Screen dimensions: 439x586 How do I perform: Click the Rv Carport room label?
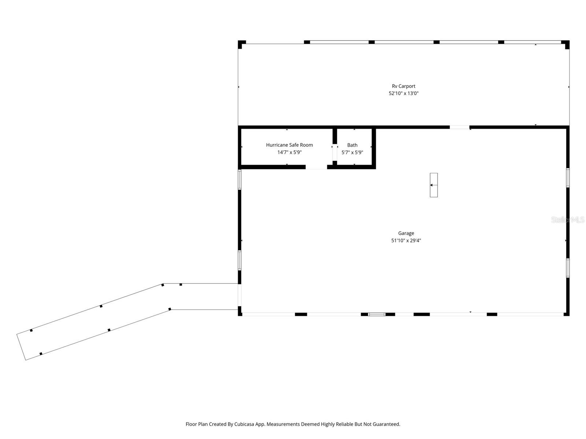point(403,86)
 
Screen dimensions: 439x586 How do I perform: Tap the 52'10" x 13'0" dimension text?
point(403,94)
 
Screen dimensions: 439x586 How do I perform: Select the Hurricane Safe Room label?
point(289,145)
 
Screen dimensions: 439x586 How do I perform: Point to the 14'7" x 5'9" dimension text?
point(289,153)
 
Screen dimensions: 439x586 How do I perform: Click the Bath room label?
point(352,145)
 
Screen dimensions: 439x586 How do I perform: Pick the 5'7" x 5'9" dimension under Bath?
point(352,153)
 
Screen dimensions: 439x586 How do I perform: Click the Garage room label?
point(406,233)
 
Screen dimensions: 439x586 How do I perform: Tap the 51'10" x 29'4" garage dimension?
point(406,241)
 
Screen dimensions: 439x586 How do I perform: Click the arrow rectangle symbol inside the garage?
point(434,185)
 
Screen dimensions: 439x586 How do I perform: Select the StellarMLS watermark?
point(567,220)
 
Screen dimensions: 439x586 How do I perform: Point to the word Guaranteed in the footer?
point(386,424)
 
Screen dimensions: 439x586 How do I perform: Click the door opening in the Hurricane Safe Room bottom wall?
point(316,167)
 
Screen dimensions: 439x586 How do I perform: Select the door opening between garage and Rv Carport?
point(459,127)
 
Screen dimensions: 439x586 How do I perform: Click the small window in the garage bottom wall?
point(377,314)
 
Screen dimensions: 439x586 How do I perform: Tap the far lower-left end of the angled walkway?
point(21,347)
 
